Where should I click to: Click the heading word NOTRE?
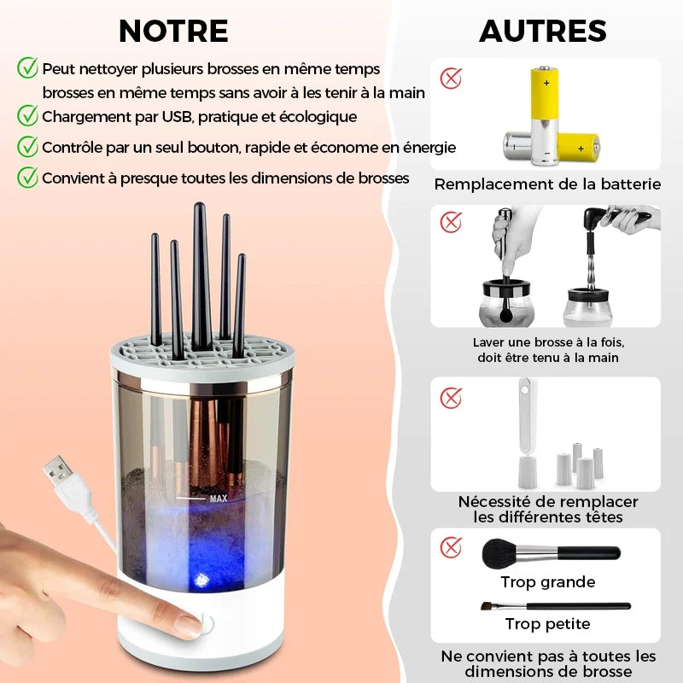click(x=173, y=31)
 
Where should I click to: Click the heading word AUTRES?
click(x=543, y=31)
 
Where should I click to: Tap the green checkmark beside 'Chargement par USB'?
click(x=27, y=115)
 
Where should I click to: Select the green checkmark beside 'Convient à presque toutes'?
click(x=27, y=178)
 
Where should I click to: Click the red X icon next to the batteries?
click(x=451, y=79)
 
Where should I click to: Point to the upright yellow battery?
click(x=546, y=115)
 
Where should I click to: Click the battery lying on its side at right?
click(x=579, y=148)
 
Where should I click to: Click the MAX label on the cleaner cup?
click(x=219, y=499)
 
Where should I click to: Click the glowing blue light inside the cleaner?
click(x=201, y=580)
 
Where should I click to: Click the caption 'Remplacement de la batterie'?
click(x=547, y=184)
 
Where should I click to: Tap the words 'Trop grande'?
click(x=547, y=582)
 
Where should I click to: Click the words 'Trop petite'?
click(x=547, y=624)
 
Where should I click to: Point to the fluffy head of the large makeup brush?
click(x=499, y=553)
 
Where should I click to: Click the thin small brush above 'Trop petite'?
click(x=556, y=606)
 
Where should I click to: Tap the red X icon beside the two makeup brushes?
click(x=451, y=547)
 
